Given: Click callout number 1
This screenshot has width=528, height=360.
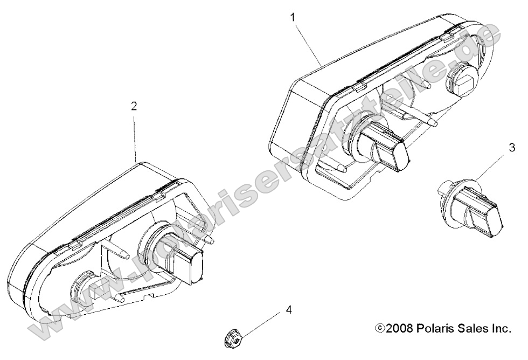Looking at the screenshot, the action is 293,17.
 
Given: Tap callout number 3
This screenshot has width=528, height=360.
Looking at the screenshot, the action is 512,147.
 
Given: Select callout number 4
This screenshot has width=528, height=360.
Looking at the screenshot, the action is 288,309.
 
